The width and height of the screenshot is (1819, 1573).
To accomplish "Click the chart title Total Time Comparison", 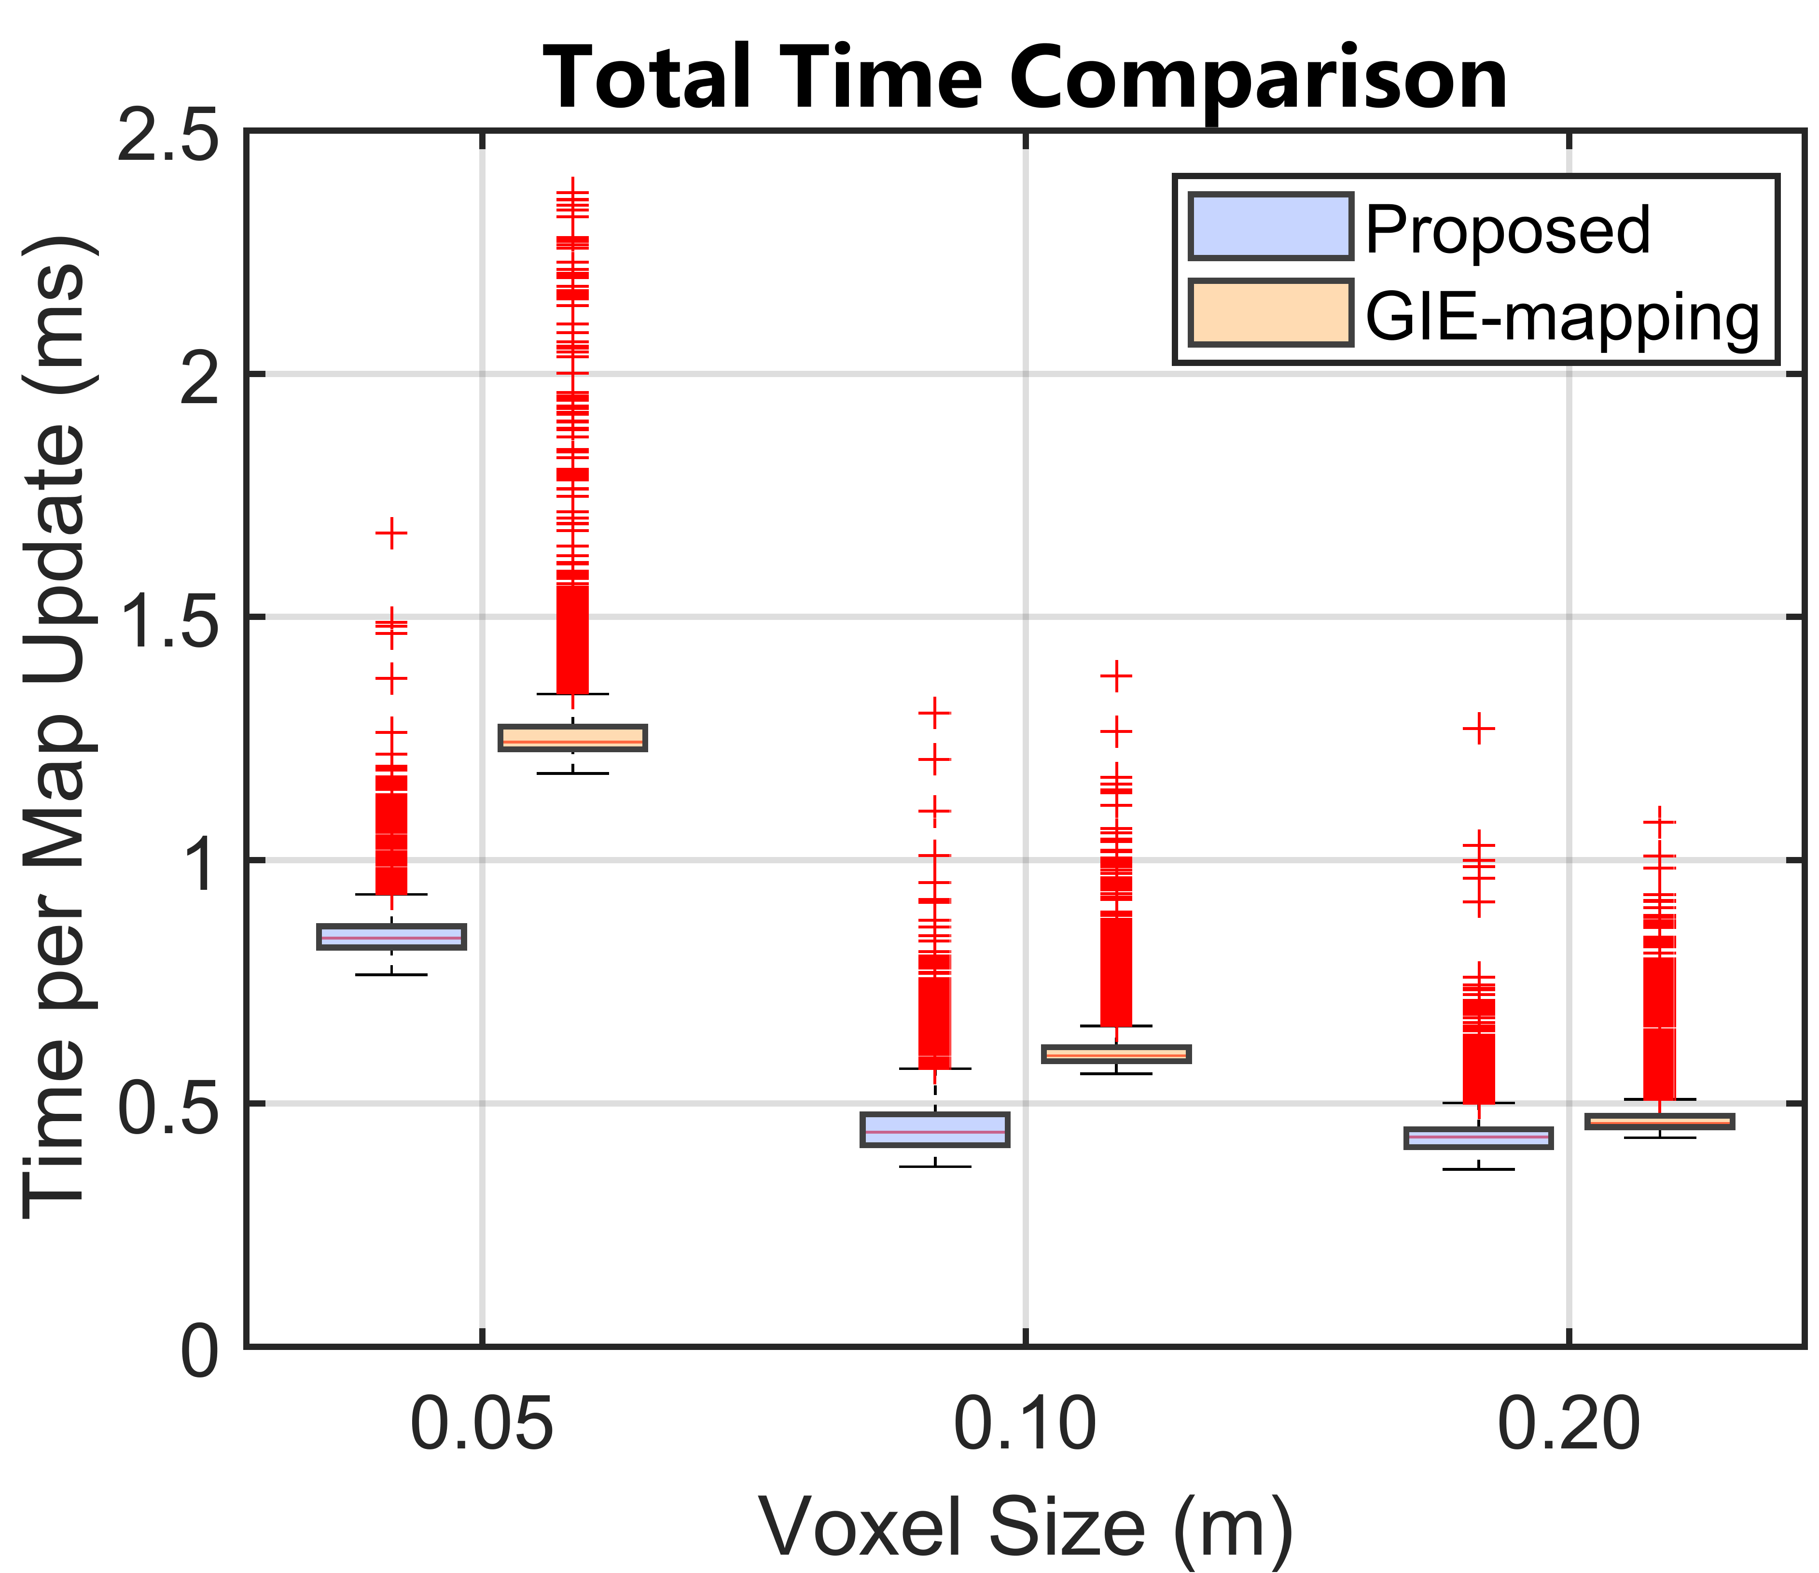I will pos(1026,79).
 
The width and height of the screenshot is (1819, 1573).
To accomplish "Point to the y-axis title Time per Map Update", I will pos(55,729).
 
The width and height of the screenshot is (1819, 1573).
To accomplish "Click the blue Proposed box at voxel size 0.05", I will pos(390,937).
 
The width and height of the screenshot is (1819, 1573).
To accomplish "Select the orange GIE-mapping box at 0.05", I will pos(572,738).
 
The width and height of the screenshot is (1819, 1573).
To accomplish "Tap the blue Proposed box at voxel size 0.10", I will pos(935,1129).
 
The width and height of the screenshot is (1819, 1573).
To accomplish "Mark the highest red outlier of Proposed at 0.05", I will pos(390,533).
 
